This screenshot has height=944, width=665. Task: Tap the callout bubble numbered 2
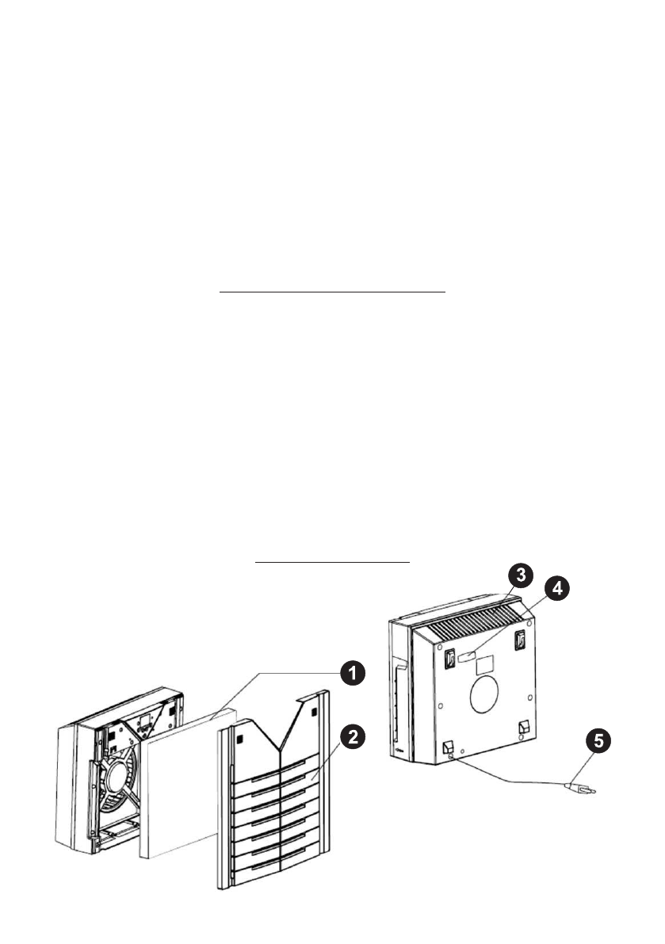pos(353,736)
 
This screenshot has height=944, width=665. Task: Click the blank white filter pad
pos(178,789)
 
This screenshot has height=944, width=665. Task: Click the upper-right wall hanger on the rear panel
pos(521,640)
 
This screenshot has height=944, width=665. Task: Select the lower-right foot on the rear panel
pos(522,726)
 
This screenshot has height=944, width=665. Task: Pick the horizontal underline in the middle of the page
pos(332,292)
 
